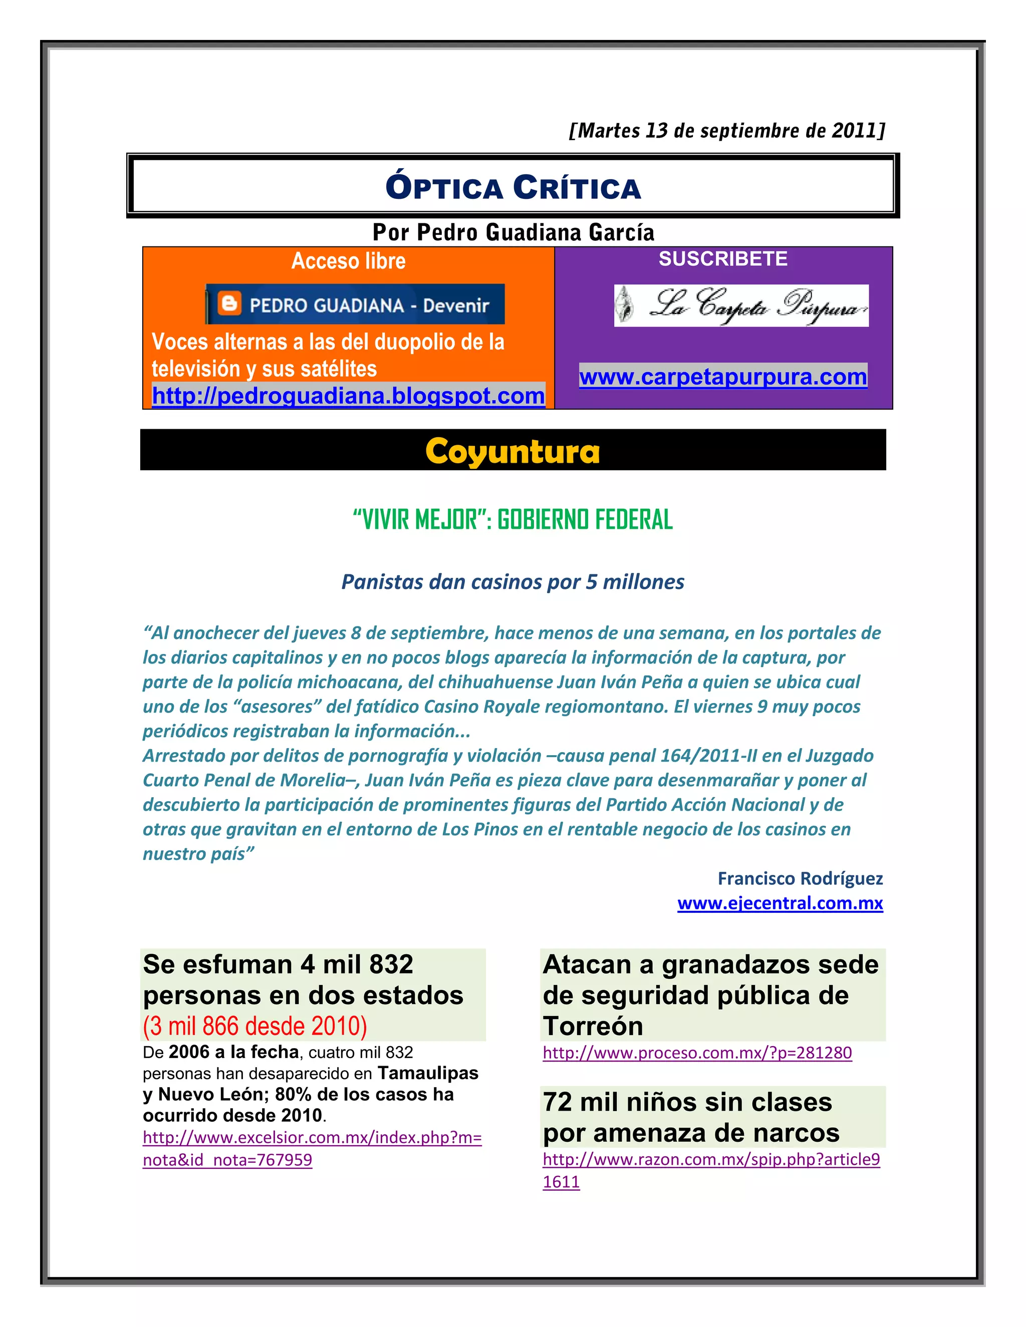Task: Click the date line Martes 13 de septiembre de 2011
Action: (x=726, y=131)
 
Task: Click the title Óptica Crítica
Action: (x=513, y=187)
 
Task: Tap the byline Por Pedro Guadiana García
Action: (x=513, y=232)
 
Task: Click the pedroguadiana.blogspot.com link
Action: (x=348, y=396)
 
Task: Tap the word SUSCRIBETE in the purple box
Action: (x=723, y=259)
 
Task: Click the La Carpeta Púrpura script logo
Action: (x=741, y=305)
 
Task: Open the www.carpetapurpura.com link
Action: (x=723, y=377)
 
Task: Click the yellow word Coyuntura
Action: (x=512, y=452)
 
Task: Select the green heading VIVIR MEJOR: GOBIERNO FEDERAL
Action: (x=512, y=519)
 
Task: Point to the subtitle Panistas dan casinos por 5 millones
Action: (x=512, y=581)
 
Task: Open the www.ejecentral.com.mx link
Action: (x=780, y=903)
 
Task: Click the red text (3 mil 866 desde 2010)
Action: (x=254, y=1026)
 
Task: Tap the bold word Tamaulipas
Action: (x=427, y=1073)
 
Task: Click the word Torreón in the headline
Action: (x=593, y=1026)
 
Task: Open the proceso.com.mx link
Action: (x=697, y=1053)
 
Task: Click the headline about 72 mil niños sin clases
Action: (x=690, y=1117)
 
